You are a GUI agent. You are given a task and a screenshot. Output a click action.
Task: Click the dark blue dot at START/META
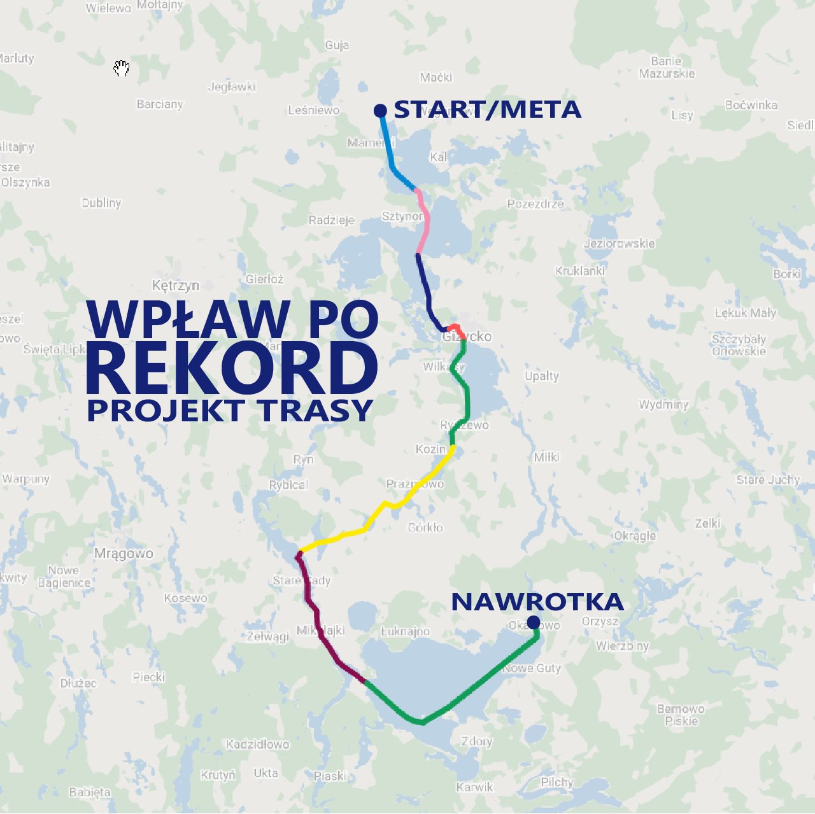[x=380, y=111]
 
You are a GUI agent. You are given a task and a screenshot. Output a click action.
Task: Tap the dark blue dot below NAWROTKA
[x=534, y=622]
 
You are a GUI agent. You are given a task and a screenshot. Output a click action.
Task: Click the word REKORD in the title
[x=232, y=368]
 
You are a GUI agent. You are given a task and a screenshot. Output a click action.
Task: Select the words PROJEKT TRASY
[x=229, y=411]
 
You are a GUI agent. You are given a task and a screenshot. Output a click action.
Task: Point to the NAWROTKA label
[x=537, y=601]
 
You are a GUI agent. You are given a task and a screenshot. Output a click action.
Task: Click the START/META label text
[x=487, y=109]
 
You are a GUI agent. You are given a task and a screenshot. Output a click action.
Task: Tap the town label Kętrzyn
[x=175, y=285]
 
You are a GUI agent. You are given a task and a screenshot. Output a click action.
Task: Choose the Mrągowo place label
[x=124, y=553]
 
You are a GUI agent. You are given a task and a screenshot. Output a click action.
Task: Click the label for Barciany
[x=160, y=104]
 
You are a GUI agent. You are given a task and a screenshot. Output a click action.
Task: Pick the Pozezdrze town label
[x=535, y=204]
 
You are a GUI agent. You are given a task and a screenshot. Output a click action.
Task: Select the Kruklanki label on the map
[x=580, y=270]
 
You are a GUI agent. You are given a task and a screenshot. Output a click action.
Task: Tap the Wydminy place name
[x=663, y=404]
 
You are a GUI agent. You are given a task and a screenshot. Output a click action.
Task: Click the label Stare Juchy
[x=768, y=479]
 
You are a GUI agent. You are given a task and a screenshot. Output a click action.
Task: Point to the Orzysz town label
[x=600, y=621]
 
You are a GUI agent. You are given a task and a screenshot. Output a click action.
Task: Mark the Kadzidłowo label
[x=258, y=744]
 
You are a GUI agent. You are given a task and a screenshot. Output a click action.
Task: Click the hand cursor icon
[x=122, y=68]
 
